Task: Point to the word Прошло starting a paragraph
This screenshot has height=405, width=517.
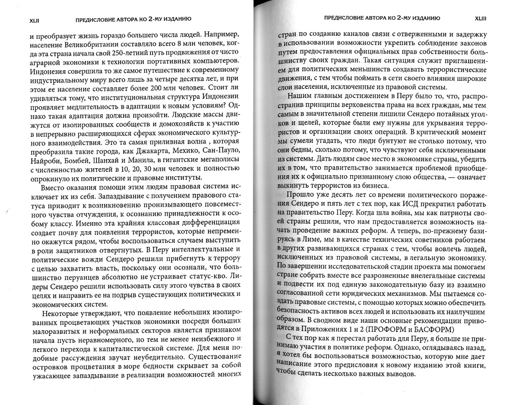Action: coord(302,195)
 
